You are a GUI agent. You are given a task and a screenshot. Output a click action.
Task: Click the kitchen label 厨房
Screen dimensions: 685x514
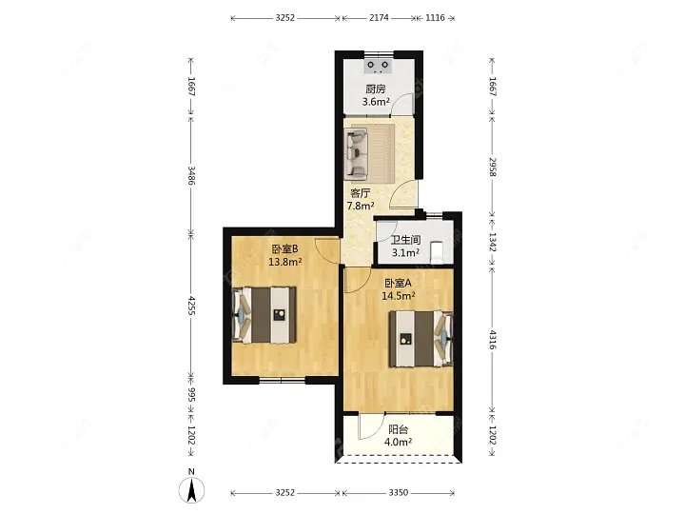(376, 89)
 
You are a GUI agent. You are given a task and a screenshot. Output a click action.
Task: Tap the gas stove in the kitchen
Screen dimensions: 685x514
(379, 66)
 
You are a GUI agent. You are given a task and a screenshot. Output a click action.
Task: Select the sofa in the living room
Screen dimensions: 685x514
(357, 153)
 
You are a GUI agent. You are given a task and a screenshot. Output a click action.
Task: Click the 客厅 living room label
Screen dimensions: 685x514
(361, 193)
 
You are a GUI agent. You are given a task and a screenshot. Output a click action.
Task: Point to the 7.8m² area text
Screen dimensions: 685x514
(361, 206)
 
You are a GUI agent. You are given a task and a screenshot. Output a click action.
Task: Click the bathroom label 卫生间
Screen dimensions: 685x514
(405, 240)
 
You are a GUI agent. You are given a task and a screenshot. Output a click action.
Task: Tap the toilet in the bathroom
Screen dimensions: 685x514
(438, 251)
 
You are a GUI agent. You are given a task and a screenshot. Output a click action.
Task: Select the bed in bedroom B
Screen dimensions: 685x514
(264, 315)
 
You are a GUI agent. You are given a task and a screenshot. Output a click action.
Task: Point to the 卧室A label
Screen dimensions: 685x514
(398, 284)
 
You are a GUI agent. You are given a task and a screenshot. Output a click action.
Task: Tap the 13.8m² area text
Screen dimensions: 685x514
(285, 262)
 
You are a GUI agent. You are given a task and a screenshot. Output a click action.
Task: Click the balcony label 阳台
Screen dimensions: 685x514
(398, 429)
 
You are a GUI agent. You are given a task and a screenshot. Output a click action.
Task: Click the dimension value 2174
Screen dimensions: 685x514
(379, 18)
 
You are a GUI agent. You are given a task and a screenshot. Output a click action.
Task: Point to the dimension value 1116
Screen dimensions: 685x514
(435, 18)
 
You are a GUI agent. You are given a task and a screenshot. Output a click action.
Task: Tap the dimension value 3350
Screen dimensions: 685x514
(398, 493)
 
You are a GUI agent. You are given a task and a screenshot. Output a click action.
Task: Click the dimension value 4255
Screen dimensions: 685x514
(191, 306)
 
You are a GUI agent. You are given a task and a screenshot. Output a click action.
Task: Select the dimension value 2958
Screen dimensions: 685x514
(493, 168)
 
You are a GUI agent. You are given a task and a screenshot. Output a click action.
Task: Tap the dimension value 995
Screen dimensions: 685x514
(191, 395)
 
